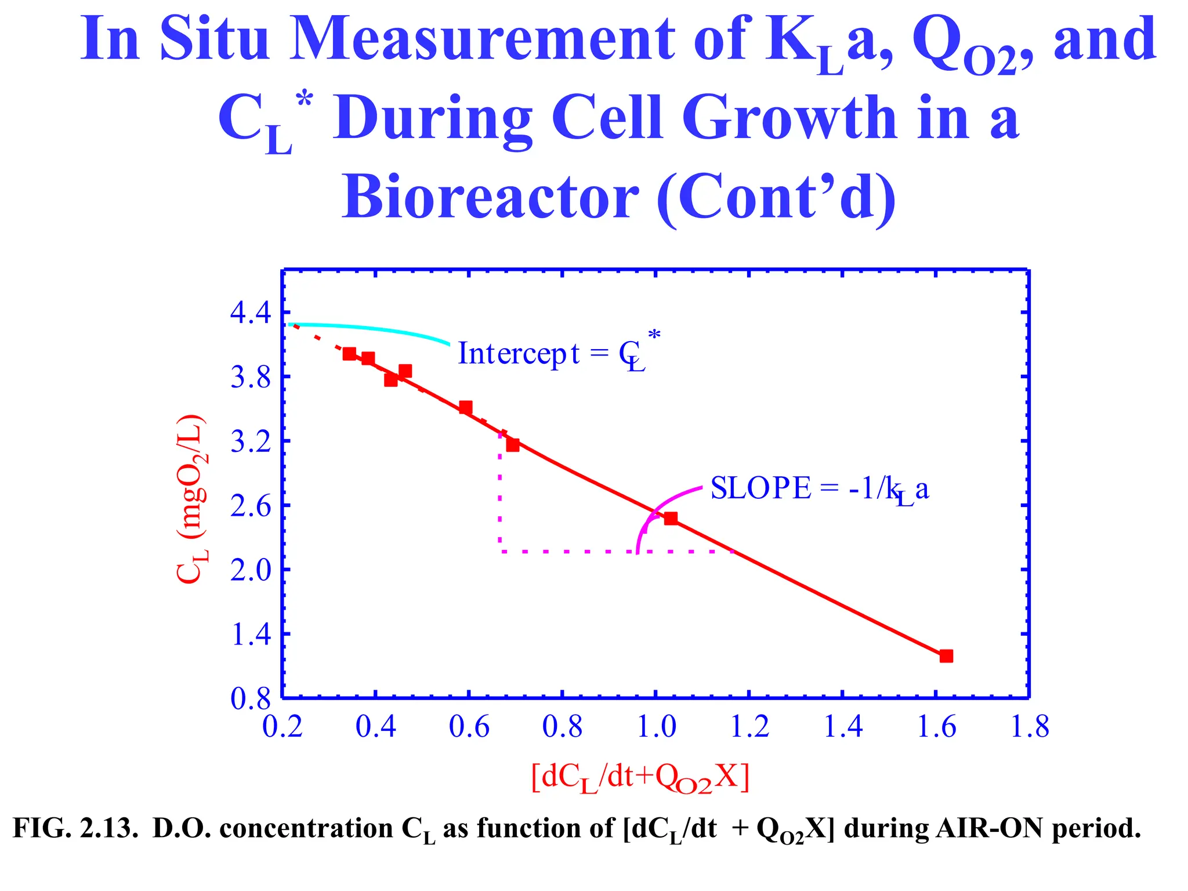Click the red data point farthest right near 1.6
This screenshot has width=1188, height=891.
click(x=946, y=656)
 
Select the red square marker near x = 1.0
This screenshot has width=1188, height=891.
click(x=671, y=518)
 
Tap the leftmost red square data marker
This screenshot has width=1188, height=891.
click(x=349, y=354)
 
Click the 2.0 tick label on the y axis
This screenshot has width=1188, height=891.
click(x=251, y=571)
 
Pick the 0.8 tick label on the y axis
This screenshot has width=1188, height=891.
click(x=251, y=700)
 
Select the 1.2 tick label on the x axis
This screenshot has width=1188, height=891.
click(x=749, y=727)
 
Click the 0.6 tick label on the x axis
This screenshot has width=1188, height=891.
click(x=469, y=727)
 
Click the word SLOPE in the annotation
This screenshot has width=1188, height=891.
click(x=760, y=488)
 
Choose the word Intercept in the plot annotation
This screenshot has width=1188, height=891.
click(x=519, y=353)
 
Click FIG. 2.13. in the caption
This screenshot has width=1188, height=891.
click(x=75, y=828)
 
